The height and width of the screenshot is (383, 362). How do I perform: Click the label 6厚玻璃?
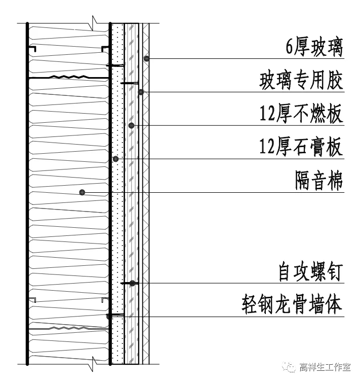coord(314,48)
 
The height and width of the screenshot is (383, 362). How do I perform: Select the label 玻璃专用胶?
coord(301,81)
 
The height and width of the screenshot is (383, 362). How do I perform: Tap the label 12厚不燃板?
coord(301,114)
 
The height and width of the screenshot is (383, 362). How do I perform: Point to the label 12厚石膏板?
coord(301,148)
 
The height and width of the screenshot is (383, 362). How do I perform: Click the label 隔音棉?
coord(319,180)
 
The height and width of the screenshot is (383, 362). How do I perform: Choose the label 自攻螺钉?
coord(310,273)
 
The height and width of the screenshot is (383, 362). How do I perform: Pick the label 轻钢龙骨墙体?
coord(292,306)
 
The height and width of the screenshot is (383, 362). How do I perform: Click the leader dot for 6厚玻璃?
coord(146,59)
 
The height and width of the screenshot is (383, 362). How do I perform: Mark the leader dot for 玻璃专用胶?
coord(142,92)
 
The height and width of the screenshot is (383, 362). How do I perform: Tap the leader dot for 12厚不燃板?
coord(131,125)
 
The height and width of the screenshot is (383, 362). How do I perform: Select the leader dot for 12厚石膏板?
coord(116,159)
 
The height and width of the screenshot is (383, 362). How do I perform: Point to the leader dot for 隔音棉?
coord(82,192)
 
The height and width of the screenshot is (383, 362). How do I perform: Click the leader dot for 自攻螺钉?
coord(132,283)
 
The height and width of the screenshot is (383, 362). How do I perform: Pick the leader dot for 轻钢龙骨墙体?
coord(109,316)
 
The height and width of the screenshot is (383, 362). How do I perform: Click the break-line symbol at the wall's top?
coord(94,23)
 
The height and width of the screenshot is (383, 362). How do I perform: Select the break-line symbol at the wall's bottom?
coord(94,363)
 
